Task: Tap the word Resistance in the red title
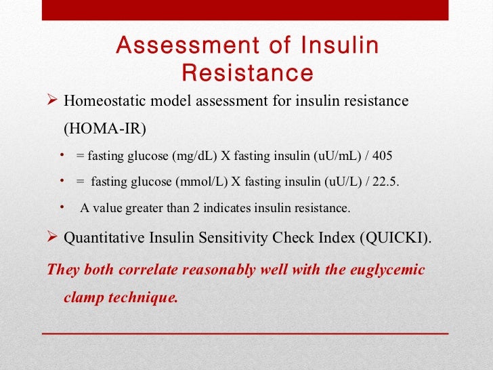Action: (x=248, y=73)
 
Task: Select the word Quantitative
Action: (x=100, y=239)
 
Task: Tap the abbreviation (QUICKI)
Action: (x=398, y=239)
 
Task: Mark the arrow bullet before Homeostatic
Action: (x=52, y=101)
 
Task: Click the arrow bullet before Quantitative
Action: (x=52, y=239)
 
